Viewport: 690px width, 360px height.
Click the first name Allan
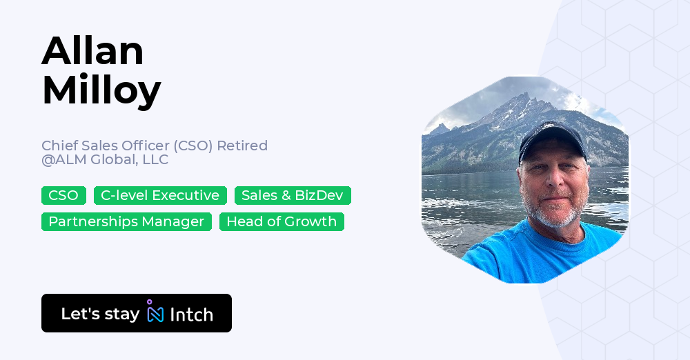[x=92, y=51]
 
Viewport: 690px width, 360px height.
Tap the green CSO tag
[x=63, y=196]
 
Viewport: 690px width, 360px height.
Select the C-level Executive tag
[x=160, y=196]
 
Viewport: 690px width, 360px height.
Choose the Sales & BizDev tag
[x=293, y=196]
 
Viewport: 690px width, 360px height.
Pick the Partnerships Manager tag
[x=126, y=222]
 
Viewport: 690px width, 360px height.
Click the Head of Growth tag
[x=282, y=222]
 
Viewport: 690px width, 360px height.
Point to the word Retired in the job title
[x=242, y=146]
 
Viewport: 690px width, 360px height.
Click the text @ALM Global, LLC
[x=105, y=160]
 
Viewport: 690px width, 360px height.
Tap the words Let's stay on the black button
[x=100, y=314]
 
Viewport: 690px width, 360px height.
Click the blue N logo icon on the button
[x=155, y=314]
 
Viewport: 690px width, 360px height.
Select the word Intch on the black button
[x=191, y=315]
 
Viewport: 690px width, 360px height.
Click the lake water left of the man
[x=469, y=207]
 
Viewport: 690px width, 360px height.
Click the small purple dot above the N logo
[x=150, y=302]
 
